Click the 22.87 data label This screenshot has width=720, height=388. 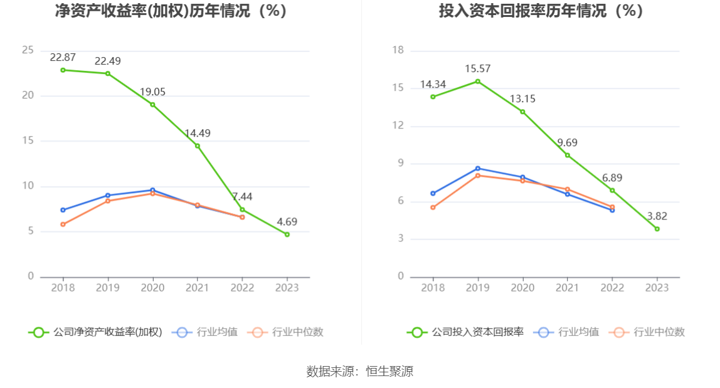click(x=63, y=57)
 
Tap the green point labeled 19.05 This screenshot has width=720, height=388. click(x=152, y=105)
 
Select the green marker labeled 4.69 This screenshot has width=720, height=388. click(x=287, y=234)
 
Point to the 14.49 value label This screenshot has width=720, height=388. click(x=197, y=133)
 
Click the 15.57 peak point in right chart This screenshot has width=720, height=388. click(x=478, y=81)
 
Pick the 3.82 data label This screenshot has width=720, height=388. click(x=657, y=216)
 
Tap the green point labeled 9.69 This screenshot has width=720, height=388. click(x=568, y=155)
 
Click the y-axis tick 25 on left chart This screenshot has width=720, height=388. click(x=28, y=50)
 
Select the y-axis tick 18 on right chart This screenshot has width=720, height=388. click(x=398, y=50)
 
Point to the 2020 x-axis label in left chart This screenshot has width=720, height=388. click(x=152, y=288)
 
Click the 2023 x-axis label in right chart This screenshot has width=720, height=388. click(x=657, y=288)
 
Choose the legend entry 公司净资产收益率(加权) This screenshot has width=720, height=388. click(x=95, y=332)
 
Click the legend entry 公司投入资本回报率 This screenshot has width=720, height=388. click(x=465, y=332)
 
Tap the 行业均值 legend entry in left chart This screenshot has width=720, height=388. click(x=208, y=332)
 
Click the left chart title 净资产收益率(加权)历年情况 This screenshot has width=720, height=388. click(x=171, y=11)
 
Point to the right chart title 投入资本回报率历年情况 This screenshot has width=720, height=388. click(x=541, y=11)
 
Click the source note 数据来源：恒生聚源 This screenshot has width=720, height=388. click(x=360, y=371)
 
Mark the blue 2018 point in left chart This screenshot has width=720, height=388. click(x=63, y=210)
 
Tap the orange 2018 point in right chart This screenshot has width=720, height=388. click(x=433, y=207)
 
